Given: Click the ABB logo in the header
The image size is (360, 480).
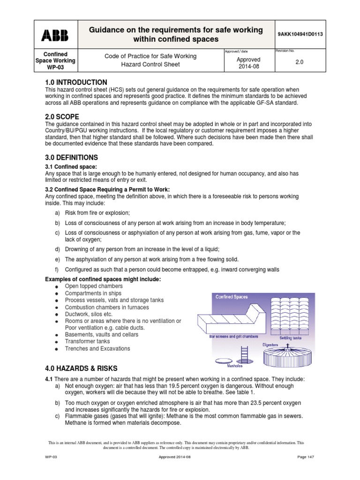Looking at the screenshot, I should (55, 35).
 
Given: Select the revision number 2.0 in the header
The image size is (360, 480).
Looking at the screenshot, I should (300, 61).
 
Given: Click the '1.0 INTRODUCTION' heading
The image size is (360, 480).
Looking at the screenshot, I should (76, 82).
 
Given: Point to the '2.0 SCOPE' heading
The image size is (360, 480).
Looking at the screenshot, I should (61, 116).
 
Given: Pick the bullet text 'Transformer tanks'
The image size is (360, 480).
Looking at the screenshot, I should (88, 342).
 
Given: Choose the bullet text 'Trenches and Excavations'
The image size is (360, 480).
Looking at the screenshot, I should (97, 349).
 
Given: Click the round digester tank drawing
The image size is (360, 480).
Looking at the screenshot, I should (287, 359).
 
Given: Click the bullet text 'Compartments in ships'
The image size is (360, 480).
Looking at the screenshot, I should (94, 293).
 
